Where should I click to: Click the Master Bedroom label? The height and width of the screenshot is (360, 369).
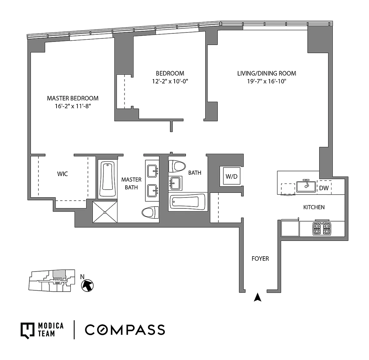click(73, 98)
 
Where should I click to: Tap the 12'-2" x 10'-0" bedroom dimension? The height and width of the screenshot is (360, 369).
click(170, 81)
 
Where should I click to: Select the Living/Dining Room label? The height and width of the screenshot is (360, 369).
click(267, 73)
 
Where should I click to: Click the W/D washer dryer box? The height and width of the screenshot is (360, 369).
click(232, 176)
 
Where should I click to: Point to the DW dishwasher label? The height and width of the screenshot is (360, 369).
click(324, 188)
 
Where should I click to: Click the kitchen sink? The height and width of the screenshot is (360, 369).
click(306, 186)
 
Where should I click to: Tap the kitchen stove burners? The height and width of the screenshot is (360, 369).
click(322, 228)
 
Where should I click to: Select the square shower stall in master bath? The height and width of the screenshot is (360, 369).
click(105, 212)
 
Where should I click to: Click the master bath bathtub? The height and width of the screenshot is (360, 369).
click(107, 179)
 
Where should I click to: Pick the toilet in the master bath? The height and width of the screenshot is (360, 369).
click(150, 212)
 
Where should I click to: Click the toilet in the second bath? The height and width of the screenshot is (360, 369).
click(177, 166)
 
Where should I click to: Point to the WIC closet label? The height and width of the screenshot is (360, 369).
click(62, 174)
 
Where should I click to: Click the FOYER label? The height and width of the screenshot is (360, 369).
click(260, 258)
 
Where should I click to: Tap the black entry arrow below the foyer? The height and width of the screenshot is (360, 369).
click(258, 297)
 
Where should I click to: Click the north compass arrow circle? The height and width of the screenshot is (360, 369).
click(87, 286)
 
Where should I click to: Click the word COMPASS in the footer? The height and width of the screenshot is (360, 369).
click(125, 330)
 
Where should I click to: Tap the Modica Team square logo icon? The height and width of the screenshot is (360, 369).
click(27, 331)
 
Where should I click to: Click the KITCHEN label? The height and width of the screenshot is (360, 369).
click(314, 207)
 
